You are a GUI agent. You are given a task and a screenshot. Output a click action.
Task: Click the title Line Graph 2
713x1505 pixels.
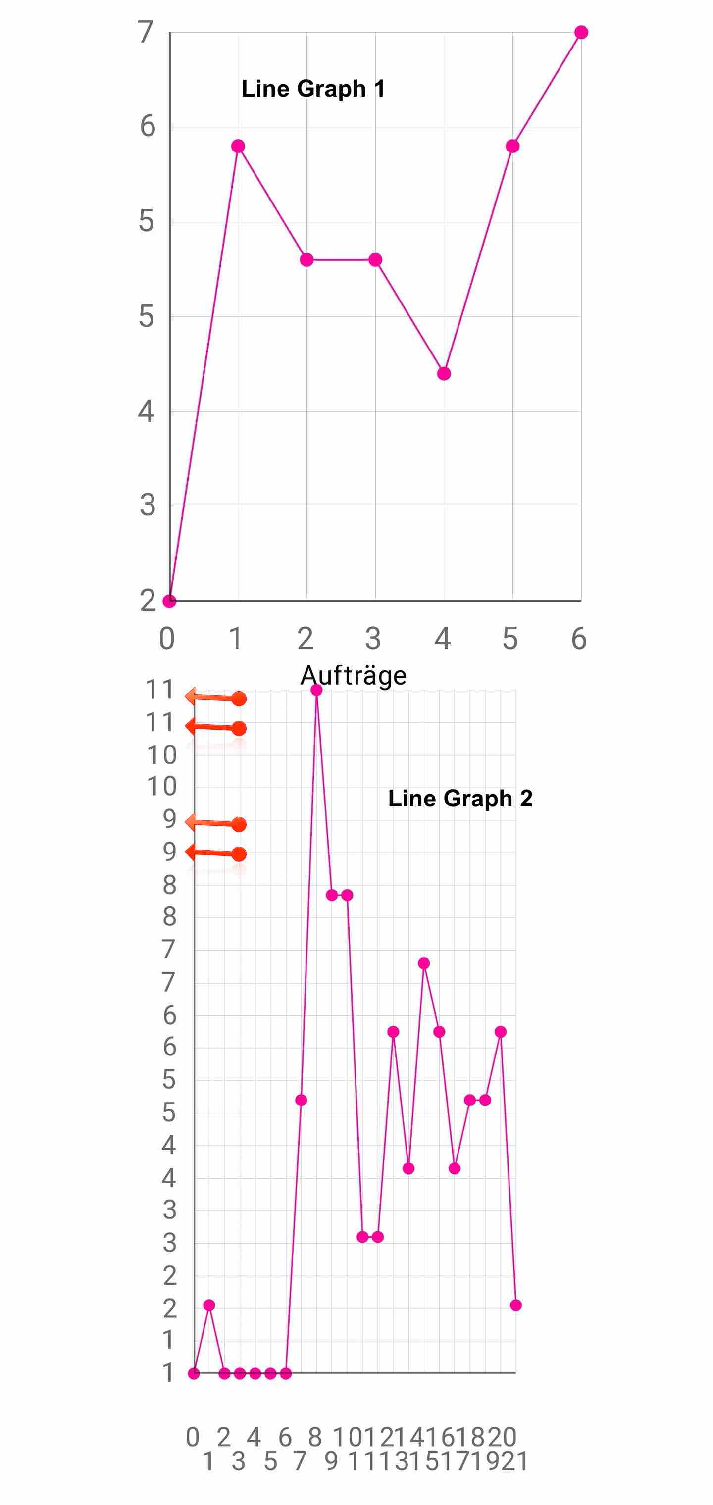tap(460, 799)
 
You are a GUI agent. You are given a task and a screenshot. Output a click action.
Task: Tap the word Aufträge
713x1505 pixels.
tap(353, 675)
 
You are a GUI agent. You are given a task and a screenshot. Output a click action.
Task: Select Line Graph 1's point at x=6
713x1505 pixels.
tap(581, 32)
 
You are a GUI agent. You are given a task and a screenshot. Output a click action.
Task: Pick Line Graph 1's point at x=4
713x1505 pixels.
tap(444, 374)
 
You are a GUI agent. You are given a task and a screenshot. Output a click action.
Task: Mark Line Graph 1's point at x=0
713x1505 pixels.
tap(169, 601)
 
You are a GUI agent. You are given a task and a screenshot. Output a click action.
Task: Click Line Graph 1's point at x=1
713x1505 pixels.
tap(238, 146)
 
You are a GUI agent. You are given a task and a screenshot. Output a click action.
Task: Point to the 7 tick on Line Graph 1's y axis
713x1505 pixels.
tap(146, 32)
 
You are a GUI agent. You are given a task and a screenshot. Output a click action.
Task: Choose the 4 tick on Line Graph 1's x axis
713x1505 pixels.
tap(443, 639)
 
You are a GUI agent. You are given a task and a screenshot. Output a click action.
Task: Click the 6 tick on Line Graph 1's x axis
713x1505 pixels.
tap(579, 639)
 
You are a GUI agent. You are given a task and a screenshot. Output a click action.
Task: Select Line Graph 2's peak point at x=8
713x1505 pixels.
tap(317, 690)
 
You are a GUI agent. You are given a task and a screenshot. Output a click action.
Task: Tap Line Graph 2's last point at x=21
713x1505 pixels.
tap(515, 1305)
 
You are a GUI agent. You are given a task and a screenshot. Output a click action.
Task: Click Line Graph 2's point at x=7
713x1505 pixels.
tap(301, 1100)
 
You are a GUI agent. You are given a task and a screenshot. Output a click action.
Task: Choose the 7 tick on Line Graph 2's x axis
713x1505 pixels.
tap(300, 1461)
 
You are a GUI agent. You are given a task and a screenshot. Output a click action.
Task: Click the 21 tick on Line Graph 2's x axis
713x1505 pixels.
tap(515, 1461)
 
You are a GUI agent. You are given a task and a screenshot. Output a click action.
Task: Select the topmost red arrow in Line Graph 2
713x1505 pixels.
tap(216, 698)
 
